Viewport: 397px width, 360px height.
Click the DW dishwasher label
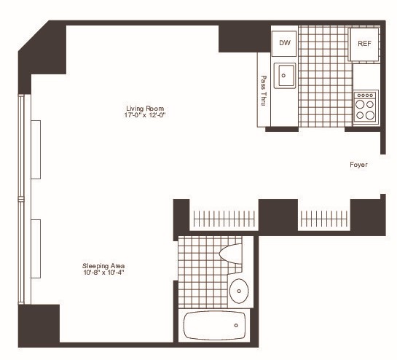pos(285,43)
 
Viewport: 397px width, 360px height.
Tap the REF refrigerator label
pos(364,44)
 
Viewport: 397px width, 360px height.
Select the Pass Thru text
pos(264,90)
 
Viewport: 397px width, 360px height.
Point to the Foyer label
pos(358,165)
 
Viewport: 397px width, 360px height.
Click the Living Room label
pos(145,109)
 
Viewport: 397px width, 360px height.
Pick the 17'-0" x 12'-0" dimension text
pos(145,115)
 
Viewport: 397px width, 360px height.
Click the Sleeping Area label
pos(103,266)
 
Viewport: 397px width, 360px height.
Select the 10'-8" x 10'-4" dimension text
pos(103,273)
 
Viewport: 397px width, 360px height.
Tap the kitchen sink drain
pos(283,75)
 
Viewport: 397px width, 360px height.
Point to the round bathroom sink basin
pos(239,291)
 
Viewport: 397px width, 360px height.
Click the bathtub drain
pos(236,325)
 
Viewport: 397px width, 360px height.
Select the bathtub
pos(214,325)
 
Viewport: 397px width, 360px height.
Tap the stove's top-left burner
pos(360,104)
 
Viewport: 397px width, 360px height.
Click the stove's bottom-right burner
pos(370,115)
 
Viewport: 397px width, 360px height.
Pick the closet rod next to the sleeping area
pos(224,219)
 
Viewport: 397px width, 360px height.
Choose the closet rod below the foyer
pos(324,219)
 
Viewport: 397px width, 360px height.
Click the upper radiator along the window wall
pos(36,149)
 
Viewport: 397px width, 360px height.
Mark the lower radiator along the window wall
pos(36,249)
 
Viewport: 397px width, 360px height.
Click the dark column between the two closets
pos(278,217)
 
